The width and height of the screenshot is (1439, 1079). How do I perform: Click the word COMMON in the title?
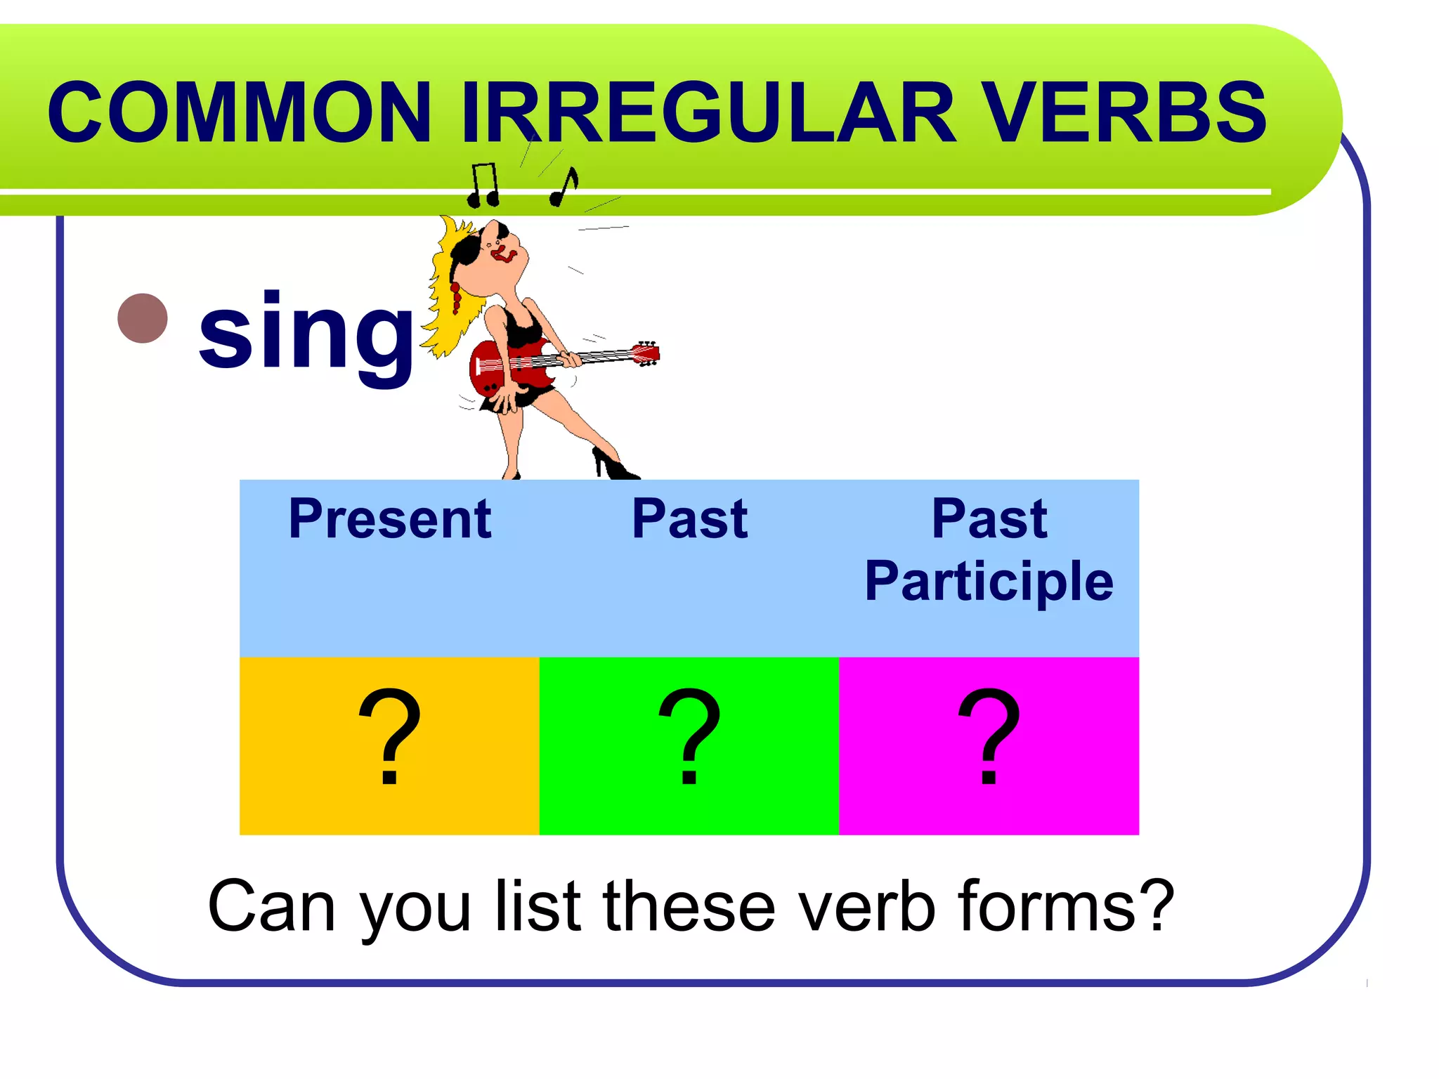point(239,112)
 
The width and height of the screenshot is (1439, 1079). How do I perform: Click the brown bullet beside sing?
point(143,318)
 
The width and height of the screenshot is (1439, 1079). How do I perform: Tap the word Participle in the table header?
point(989,581)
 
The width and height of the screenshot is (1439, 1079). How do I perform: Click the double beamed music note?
point(484,186)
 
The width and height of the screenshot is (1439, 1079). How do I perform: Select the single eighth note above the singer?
point(564,188)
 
